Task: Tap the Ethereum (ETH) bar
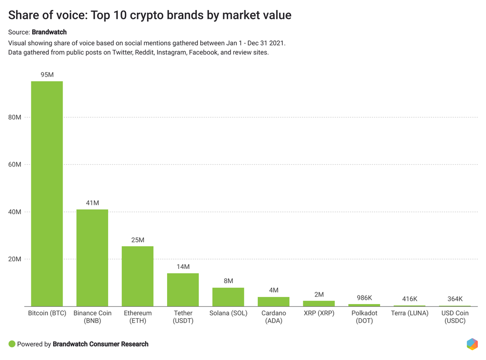(x=138, y=276)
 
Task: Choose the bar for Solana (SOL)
(x=228, y=297)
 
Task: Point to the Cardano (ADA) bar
(x=273, y=302)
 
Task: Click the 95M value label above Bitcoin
(x=47, y=74)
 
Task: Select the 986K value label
(x=364, y=298)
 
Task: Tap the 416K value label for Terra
(x=410, y=299)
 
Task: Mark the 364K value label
(x=455, y=299)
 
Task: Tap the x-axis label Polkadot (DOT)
(x=364, y=317)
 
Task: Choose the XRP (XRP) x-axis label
(x=319, y=313)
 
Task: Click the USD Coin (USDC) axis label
(x=455, y=317)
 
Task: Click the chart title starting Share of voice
(x=150, y=15)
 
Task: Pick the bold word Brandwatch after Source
(x=49, y=32)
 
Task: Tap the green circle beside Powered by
(x=12, y=344)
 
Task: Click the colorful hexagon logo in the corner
(x=472, y=344)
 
